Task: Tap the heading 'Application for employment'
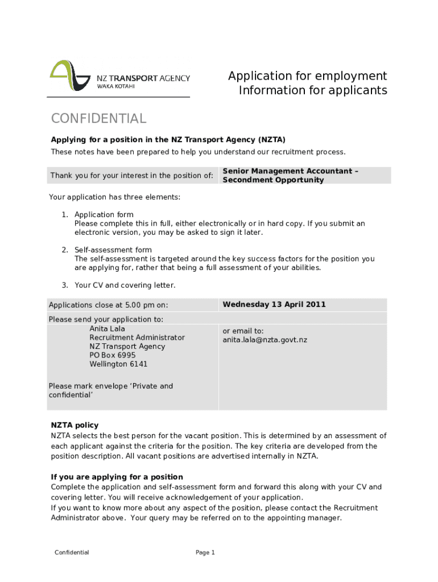coord(307,76)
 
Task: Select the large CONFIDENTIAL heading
coord(98,119)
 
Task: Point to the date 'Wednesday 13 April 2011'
coord(274,305)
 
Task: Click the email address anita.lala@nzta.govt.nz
coord(265,340)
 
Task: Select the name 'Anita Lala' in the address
coord(107,329)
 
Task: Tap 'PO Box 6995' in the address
coord(112,355)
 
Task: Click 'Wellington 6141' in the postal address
coord(118,364)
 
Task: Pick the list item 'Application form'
coord(104,214)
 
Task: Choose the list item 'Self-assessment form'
coord(113,250)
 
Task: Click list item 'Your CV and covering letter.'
coord(125,285)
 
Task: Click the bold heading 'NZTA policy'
coord(75,425)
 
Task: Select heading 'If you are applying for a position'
coord(117,477)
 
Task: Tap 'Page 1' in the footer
coord(205,552)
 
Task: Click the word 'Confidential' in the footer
coord(72,552)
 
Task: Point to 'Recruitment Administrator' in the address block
coord(137,338)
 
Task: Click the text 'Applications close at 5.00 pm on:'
coord(108,305)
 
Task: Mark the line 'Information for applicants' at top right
coord(312,91)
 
